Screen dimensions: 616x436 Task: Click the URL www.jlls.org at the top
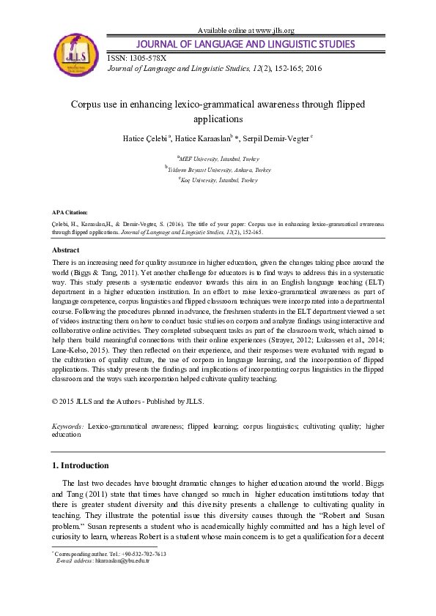click(272, 31)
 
